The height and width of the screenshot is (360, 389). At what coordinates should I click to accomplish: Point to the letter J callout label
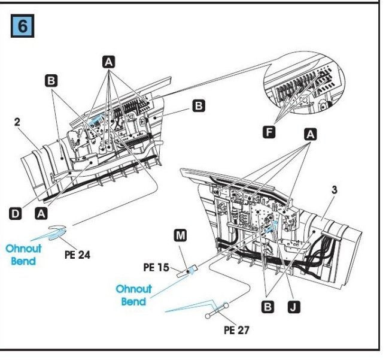pyautogui.click(x=294, y=307)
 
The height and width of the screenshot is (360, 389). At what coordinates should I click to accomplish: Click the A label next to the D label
pyautogui.click(x=41, y=212)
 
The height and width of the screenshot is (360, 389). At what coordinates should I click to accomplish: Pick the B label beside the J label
pyautogui.click(x=268, y=307)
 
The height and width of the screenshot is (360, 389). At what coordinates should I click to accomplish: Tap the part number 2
pyautogui.click(x=17, y=122)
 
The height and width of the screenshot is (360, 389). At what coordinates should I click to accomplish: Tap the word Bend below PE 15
pyautogui.click(x=134, y=301)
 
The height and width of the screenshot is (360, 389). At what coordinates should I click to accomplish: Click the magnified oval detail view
pyautogui.click(x=305, y=87)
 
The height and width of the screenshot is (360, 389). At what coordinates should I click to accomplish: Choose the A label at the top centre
pyautogui.click(x=108, y=61)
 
